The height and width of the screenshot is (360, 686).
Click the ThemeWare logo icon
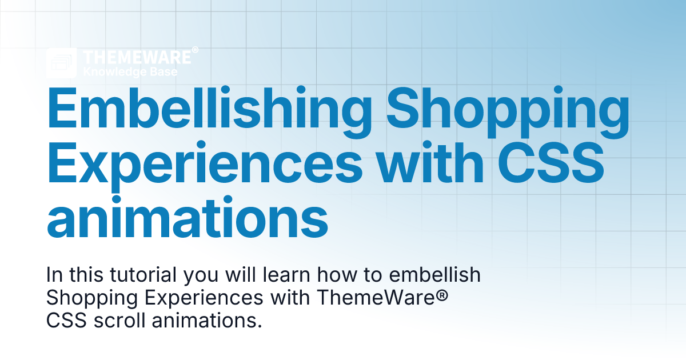tap(62, 63)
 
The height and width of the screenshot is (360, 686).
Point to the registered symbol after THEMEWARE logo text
tap(195, 51)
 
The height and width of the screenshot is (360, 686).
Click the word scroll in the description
tap(118, 321)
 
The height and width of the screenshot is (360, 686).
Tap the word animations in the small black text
tap(206, 321)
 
